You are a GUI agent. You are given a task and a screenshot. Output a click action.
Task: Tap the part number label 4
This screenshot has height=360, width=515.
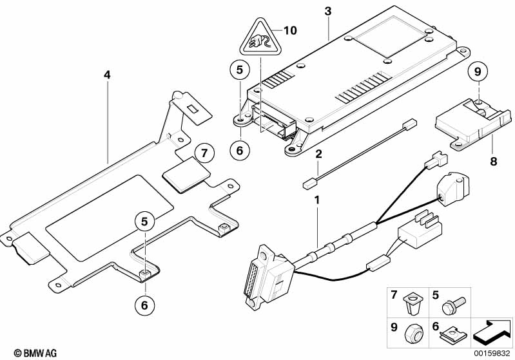(107, 75)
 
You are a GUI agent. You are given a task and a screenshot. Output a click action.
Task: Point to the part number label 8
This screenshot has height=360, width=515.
(494, 162)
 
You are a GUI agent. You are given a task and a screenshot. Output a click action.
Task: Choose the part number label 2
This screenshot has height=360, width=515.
(318, 154)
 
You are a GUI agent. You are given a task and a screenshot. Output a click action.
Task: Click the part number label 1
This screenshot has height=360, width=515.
(316, 200)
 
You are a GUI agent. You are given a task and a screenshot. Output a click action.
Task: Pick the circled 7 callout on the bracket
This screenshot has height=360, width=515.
(203, 153)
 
